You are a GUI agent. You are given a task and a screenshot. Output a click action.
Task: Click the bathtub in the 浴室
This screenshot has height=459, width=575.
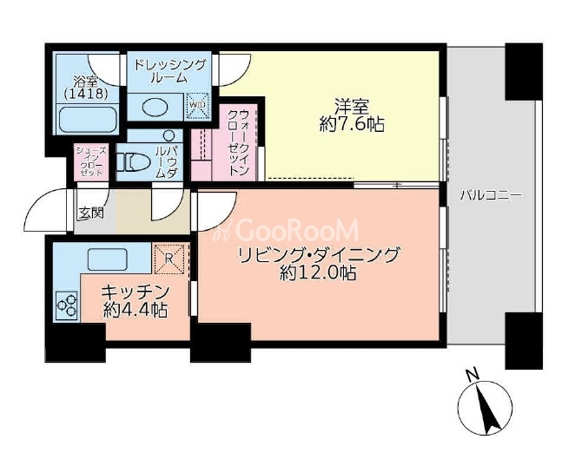pos(88,118)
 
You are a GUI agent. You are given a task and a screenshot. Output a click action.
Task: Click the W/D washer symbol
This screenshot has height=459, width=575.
pos(198,105)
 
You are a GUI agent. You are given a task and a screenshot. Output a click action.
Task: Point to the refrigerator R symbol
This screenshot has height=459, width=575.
pos(169,259)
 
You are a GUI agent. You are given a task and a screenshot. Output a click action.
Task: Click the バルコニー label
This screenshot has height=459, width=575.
pos(490,195)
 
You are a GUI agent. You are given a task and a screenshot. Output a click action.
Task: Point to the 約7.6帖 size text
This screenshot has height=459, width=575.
pos(352,125)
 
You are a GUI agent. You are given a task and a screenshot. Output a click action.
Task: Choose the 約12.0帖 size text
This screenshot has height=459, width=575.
pos(318,273)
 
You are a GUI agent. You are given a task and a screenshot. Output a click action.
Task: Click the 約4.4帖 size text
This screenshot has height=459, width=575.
pos(135,311)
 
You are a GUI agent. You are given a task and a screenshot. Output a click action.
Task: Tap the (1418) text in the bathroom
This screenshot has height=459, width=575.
pos(86,95)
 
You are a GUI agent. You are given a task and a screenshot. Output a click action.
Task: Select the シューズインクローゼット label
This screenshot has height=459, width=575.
pos(91,161)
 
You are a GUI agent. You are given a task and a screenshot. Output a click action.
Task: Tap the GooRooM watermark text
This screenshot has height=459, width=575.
pos(288,230)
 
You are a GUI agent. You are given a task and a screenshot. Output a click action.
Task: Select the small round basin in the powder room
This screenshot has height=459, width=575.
pos(169,136)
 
